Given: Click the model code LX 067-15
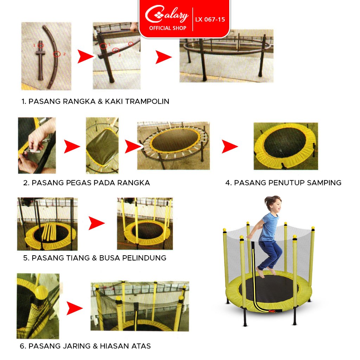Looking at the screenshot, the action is pos(210,20).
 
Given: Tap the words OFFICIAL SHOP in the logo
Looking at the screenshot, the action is pos(168,28).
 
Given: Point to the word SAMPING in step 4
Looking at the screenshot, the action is pos(324,183).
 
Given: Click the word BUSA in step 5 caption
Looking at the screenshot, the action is pos(110,258).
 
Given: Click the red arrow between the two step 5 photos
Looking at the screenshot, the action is pos(96,223).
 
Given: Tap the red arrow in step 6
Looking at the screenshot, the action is pos(74,308).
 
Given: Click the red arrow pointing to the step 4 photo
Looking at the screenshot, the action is pos(229,147).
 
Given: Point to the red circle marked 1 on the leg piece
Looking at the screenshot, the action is pos(41,45).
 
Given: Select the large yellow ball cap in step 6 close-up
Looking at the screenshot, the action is pos(41,291).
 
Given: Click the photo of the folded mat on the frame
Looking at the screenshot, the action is pos(102,145).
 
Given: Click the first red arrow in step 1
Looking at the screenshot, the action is pos(85,57).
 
